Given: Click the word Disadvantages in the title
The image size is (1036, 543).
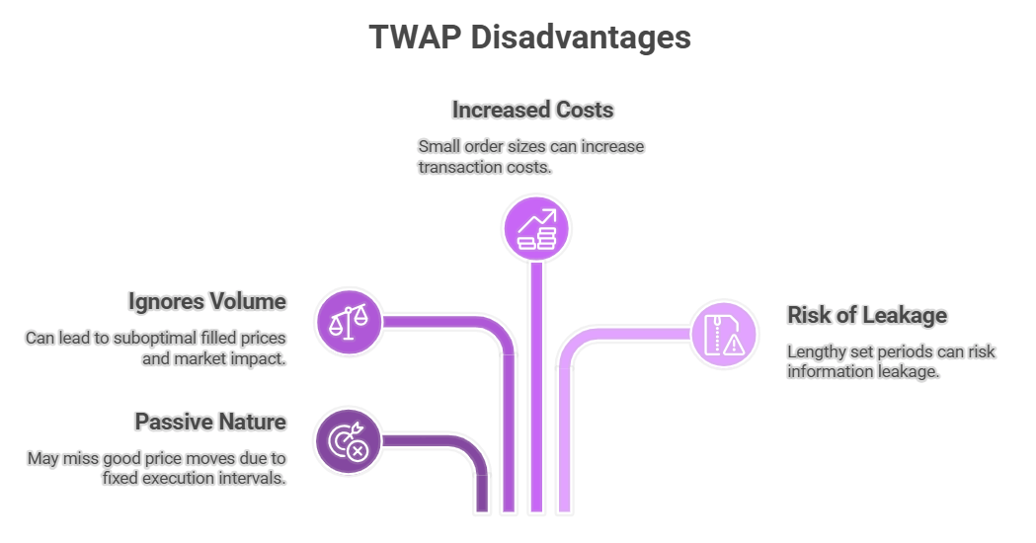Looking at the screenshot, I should pos(580,38).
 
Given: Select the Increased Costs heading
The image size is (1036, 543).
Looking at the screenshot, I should pos(533,109).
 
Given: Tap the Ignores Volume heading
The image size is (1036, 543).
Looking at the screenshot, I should pos(206,301).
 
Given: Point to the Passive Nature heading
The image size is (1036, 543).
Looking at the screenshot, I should pos(210,422).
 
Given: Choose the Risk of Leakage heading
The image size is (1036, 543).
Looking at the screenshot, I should pos(866,315).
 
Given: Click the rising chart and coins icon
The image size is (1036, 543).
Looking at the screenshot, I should pos(536,228).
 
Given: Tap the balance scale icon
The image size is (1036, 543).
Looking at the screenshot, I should pos(348,321).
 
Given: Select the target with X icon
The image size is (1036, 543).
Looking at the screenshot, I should pos(348,441).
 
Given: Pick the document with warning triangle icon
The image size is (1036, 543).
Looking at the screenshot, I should pos(722,334).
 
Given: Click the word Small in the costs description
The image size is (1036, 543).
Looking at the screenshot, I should pos(438,146).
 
